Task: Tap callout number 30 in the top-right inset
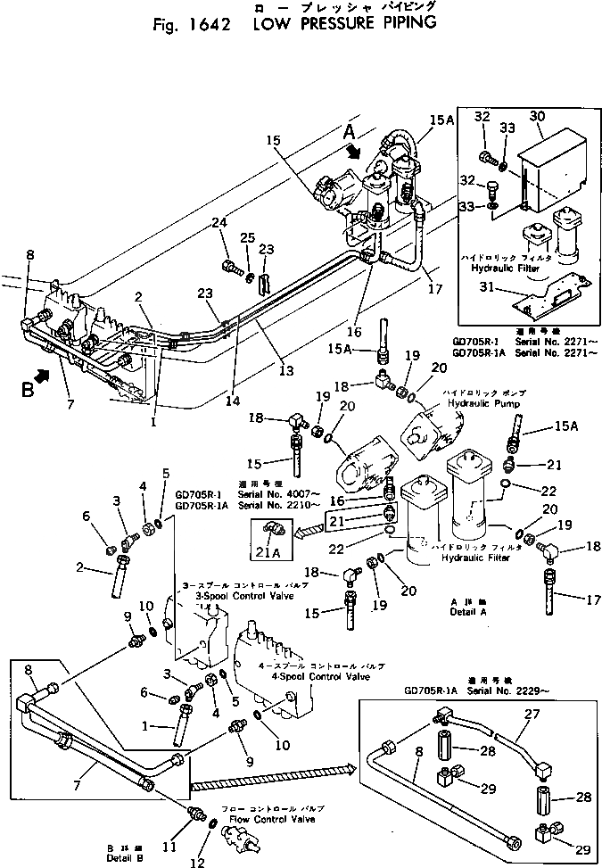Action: [537, 117]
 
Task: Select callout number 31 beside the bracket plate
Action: [482, 288]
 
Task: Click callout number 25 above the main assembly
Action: [249, 236]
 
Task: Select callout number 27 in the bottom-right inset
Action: [532, 714]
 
